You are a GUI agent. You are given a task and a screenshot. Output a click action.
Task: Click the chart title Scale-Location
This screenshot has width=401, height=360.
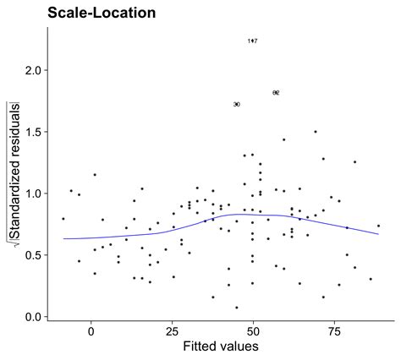(101, 13)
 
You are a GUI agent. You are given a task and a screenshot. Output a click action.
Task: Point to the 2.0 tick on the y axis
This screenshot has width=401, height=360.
(34, 70)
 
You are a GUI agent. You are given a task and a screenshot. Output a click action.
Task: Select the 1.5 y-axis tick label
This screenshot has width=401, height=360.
(34, 132)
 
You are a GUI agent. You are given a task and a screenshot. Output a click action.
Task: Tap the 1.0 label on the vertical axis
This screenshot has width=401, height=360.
(34, 194)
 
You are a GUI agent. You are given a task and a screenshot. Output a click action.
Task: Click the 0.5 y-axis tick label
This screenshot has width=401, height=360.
(34, 255)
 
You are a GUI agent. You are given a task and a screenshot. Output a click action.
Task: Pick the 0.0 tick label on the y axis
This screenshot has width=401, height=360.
(34, 317)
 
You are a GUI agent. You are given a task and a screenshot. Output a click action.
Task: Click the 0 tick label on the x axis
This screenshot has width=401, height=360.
(91, 332)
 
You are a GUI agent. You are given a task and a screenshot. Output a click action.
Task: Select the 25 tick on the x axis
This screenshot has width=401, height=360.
(173, 332)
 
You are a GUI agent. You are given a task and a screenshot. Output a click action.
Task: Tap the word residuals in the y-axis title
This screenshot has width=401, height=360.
(15, 128)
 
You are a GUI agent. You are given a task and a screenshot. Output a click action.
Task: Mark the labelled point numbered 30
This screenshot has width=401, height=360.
(237, 104)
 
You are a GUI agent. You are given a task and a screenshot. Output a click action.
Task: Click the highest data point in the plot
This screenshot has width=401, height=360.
(252, 41)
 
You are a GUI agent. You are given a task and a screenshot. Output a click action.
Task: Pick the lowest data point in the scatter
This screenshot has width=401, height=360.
(237, 308)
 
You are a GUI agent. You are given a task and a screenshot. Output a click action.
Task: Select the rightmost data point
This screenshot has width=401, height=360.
(378, 226)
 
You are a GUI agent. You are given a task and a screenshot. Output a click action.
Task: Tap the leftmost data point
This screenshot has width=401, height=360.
(63, 219)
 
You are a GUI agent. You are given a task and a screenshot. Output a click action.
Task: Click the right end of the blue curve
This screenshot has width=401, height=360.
(378, 234)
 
